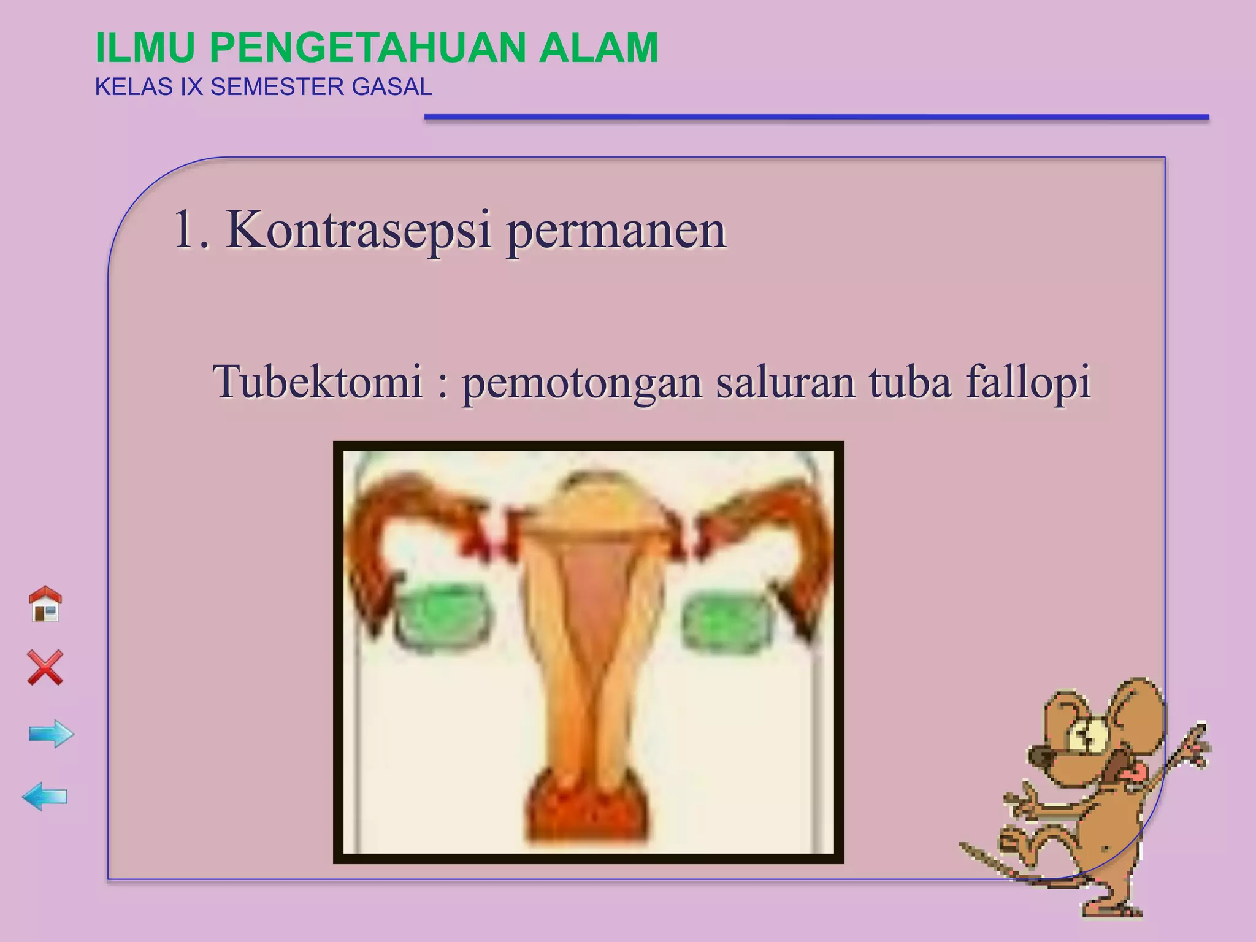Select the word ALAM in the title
pos(599,48)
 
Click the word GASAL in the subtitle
pos(392,87)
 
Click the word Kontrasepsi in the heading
pos(359,231)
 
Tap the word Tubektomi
pos(318,381)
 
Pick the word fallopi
pos(1028,381)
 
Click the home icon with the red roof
pos(45,604)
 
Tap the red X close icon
pos(45,667)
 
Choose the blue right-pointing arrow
pos(52,733)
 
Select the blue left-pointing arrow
pos(45,797)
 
